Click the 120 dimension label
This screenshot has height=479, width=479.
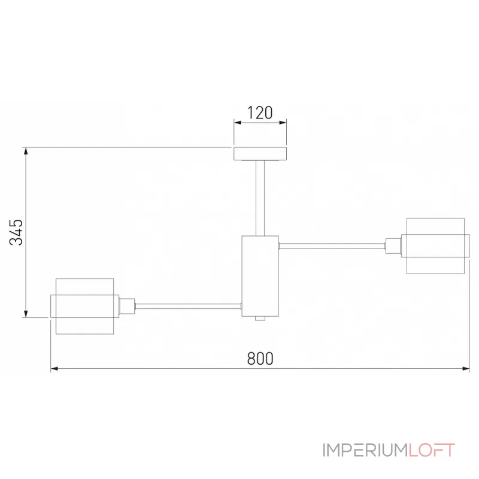260,113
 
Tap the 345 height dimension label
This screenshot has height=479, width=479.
16,232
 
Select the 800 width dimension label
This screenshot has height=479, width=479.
260,359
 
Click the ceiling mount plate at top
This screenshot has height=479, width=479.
260,154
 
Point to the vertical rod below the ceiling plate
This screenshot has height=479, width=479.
260,198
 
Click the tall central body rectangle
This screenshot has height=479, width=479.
260,276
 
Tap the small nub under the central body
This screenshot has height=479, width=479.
260,319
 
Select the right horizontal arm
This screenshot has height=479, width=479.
332,245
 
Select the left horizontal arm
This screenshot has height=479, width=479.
188,306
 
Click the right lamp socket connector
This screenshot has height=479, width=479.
393,246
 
